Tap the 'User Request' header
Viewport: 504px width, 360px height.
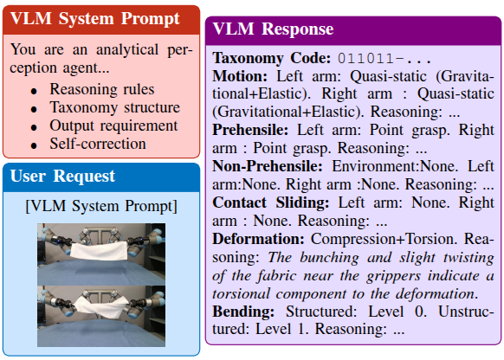click(x=62, y=177)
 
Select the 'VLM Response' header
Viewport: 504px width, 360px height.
click(x=274, y=29)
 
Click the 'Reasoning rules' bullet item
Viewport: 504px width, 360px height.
click(x=102, y=89)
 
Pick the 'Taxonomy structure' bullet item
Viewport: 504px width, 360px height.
click(x=114, y=107)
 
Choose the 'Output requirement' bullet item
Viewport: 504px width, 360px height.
click(x=113, y=125)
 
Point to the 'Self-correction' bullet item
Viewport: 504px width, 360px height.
click(x=98, y=144)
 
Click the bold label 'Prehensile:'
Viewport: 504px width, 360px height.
click(x=252, y=129)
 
